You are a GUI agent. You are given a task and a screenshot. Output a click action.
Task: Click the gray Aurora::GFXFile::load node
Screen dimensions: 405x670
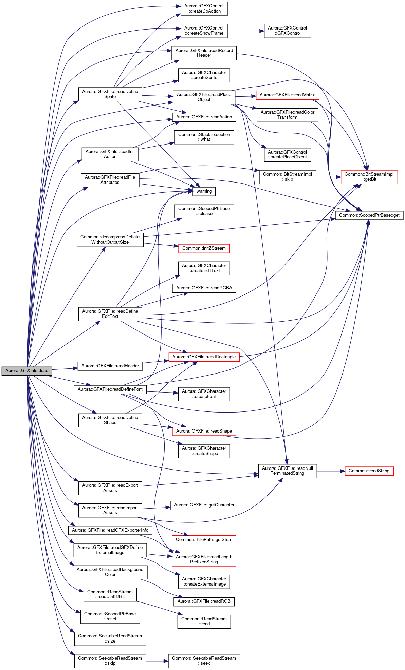coord(27,371)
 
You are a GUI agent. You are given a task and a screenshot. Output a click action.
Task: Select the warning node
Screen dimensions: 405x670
coord(204,191)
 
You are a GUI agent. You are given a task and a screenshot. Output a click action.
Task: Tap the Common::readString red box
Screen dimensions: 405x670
coord(369,471)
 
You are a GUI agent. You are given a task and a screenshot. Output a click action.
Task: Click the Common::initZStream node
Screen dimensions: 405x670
coord(204,248)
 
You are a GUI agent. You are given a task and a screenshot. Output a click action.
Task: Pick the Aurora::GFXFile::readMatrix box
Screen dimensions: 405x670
coord(287,95)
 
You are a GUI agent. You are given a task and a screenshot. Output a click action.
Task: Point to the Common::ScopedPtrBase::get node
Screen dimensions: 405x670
coord(369,215)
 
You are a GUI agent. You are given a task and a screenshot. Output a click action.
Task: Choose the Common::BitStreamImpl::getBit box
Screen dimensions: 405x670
coord(369,177)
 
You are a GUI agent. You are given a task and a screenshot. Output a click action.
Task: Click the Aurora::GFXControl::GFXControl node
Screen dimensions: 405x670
coord(287,31)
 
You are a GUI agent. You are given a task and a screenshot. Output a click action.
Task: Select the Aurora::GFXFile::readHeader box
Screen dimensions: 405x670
coord(110,366)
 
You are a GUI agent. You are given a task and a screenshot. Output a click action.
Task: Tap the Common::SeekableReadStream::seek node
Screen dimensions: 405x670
coord(204,661)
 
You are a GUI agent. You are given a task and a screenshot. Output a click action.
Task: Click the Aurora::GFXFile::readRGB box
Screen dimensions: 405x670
coord(204,601)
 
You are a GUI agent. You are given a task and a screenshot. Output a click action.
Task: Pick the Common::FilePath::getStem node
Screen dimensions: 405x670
coord(204,540)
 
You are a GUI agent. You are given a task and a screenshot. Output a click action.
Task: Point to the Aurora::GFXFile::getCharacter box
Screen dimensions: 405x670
coord(204,505)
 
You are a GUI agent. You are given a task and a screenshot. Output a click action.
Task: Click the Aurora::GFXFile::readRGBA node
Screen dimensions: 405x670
coord(204,288)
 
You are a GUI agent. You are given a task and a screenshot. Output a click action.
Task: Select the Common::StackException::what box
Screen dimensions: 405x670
coord(204,137)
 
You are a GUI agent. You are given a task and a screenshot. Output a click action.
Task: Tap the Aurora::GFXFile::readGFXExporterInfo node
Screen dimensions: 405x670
coord(110,530)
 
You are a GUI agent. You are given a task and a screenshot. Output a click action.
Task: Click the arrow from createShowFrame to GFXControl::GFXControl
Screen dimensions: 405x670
coord(246,31)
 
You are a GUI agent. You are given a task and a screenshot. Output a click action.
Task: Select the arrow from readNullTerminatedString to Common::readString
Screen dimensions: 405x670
coord(331,471)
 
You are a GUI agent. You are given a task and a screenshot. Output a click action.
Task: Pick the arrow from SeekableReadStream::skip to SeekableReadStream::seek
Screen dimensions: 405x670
coord(157,661)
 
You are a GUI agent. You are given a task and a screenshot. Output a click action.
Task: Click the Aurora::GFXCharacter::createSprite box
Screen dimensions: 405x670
coord(204,75)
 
